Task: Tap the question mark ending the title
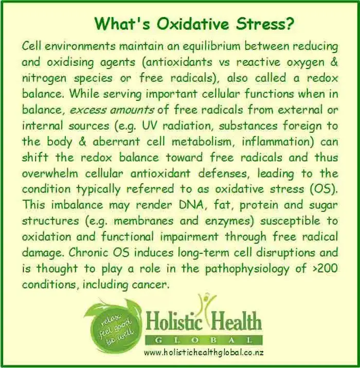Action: [x=289, y=24]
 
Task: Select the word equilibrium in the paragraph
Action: [x=211, y=46]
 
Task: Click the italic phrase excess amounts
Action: [x=112, y=110]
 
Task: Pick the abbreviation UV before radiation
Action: [x=149, y=126]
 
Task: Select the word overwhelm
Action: [x=50, y=173]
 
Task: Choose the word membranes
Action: [x=143, y=221]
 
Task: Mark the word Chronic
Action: [x=87, y=253]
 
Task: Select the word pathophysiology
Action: [x=247, y=269]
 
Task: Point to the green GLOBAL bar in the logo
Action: [x=204, y=340]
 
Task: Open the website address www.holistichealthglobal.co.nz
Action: [x=204, y=353]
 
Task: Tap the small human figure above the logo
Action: [x=206, y=304]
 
